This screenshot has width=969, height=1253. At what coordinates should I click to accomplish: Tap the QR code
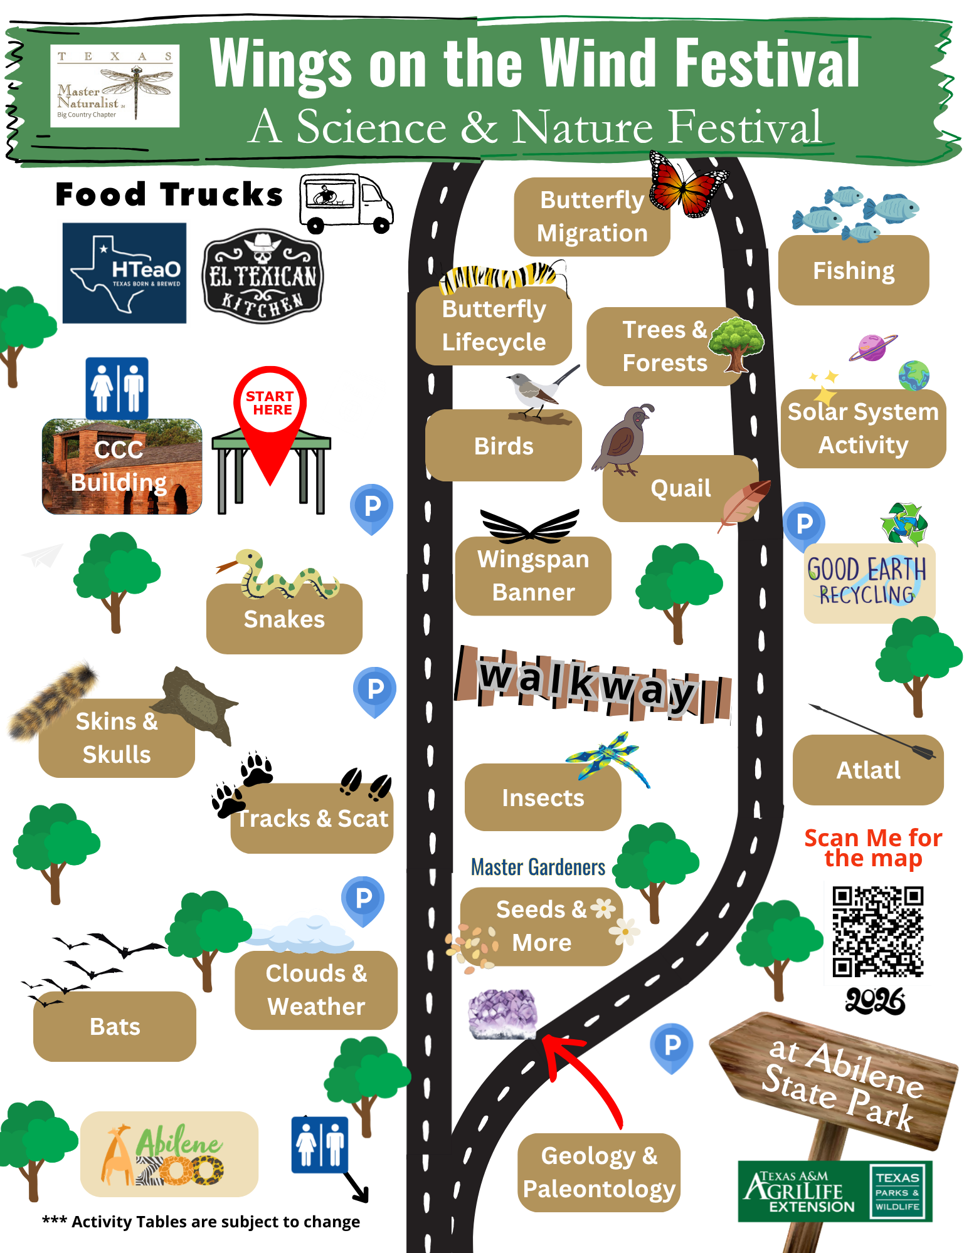pos(877,931)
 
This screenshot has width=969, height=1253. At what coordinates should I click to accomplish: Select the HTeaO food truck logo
pos(124,273)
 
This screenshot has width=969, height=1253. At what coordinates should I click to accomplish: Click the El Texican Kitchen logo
pos(263,276)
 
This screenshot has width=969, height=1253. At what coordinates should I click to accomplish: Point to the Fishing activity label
pos(853,271)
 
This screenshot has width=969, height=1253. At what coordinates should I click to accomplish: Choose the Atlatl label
pos(868,770)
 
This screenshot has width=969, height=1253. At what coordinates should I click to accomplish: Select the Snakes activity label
pos(284,619)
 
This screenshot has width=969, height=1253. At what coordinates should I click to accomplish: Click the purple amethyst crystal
pos(502,1013)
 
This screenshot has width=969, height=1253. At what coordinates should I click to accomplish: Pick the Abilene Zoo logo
pos(169,1155)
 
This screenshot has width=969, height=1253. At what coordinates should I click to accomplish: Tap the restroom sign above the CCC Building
pos(117,388)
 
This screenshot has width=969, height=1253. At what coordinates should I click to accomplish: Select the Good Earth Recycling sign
pos(869,582)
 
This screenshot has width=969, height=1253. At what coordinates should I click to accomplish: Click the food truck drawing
pos(346,202)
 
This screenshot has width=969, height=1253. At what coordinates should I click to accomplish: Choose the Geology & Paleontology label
pos(599,1172)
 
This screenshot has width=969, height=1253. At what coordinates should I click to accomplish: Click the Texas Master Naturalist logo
pos(115,86)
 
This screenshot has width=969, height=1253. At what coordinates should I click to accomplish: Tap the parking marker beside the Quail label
pos(804,524)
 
